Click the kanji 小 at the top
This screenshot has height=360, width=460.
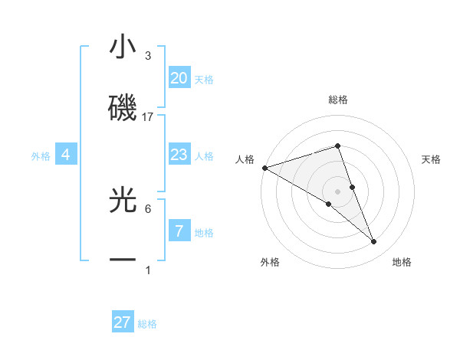[x=123, y=47]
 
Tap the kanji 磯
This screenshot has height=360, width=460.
[x=123, y=108]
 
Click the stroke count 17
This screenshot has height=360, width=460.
[x=149, y=116]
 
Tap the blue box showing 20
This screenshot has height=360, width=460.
[x=179, y=78]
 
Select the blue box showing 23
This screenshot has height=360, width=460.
[x=179, y=155]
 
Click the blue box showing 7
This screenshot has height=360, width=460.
[x=179, y=231]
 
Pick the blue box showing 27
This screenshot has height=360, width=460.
[x=123, y=322]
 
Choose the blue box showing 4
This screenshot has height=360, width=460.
[x=66, y=155]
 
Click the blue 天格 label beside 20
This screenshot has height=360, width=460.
[x=204, y=80]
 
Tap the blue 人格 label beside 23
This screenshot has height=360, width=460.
[x=204, y=156]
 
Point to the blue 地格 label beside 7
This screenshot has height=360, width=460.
[x=204, y=233]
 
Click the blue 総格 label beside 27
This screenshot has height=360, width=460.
[x=147, y=324]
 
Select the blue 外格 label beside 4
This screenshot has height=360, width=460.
[x=41, y=156]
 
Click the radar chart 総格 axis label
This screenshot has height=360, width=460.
[x=337, y=100]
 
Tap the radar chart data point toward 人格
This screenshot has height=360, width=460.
[x=264, y=167]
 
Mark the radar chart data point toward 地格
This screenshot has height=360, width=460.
[x=374, y=242]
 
